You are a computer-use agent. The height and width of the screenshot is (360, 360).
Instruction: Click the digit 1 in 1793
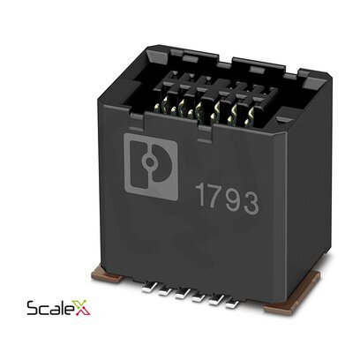[x=201, y=194]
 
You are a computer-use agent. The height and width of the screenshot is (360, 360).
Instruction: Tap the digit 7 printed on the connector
[x=215, y=197]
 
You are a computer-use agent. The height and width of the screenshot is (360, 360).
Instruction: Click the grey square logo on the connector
[x=151, y=167]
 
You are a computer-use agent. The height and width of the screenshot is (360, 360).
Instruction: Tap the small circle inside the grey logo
[x=150, y=161]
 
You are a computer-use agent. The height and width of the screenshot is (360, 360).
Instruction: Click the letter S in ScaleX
[x=33, y=308]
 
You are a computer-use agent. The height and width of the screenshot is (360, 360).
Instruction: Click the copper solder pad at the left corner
[x=108, y=274]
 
